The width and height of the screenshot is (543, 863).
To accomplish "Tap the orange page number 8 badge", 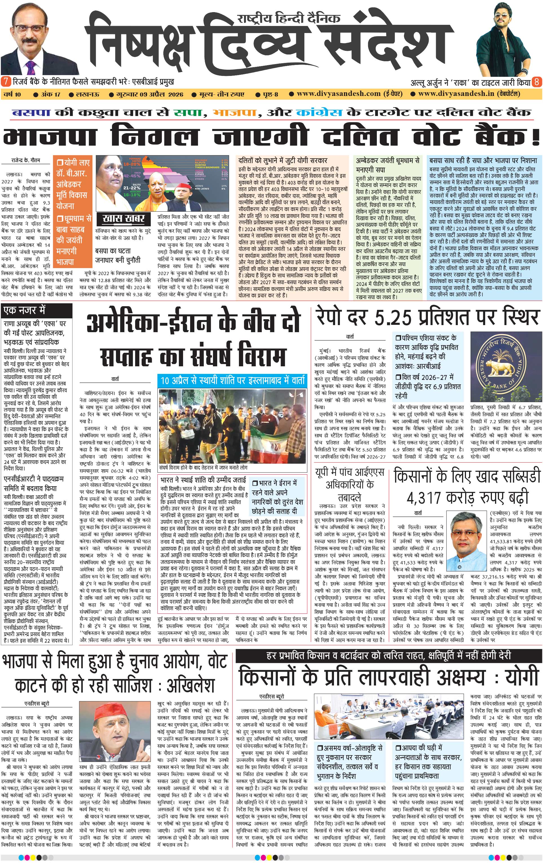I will (x=537, y=82).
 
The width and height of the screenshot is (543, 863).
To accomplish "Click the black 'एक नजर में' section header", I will (x=25, y=310).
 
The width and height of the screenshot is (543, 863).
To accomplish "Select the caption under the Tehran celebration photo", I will (x=203, y=468).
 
